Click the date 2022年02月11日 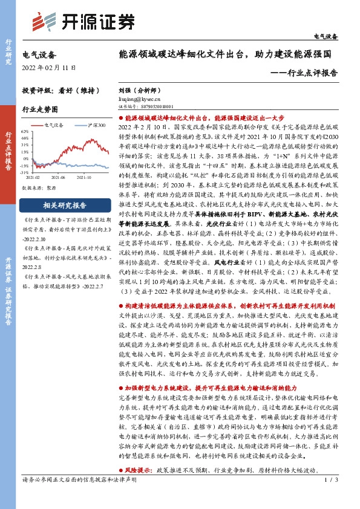pyautogui.click(x=50, y=66)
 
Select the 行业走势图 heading pyautogui.click(x=40, y=109)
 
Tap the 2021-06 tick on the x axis pyautogui.click(x=57, y=177)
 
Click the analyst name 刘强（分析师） pyautogui.click(x=140, y=88)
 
